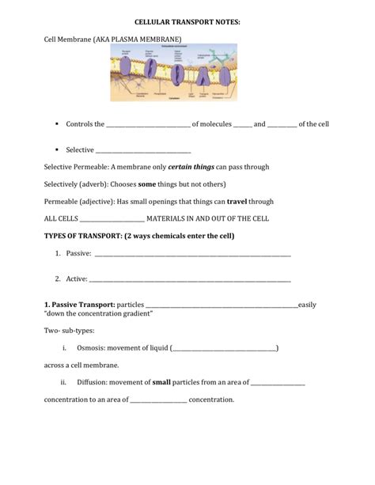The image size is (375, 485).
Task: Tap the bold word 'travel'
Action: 238,201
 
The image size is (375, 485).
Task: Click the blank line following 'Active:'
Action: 190,280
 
